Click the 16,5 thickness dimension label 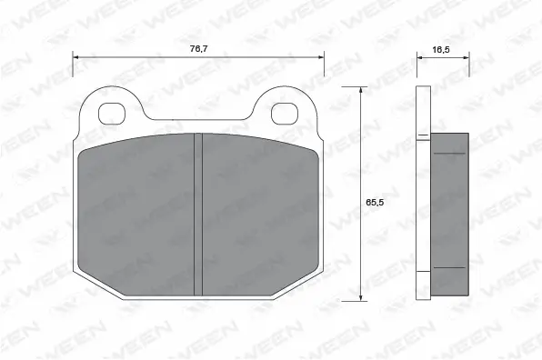[443, 51]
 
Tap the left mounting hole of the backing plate [112, 114]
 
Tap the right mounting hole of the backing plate [285, 114]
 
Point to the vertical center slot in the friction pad [198, 214]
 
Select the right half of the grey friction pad [258, 214]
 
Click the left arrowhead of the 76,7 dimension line [76, 57]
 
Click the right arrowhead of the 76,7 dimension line [320, 57]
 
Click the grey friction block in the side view [448, 214]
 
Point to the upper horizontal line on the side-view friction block [448, 154]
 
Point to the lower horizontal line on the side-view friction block [448, 269]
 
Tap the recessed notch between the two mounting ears [198, 116]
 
